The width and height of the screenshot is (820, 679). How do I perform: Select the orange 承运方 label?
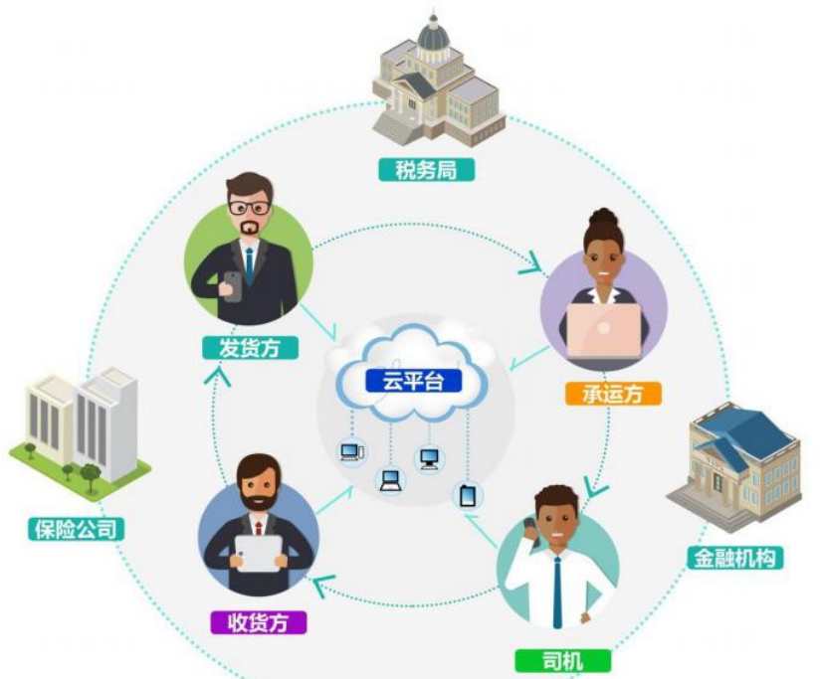click(614, 394)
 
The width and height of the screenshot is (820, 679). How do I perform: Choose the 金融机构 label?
click(733, 558)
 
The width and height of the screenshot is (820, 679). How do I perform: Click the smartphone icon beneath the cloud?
click(467, 495)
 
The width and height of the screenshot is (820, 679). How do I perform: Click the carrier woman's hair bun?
click(603, 217)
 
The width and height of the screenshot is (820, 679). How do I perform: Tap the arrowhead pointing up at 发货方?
click(222, 375)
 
